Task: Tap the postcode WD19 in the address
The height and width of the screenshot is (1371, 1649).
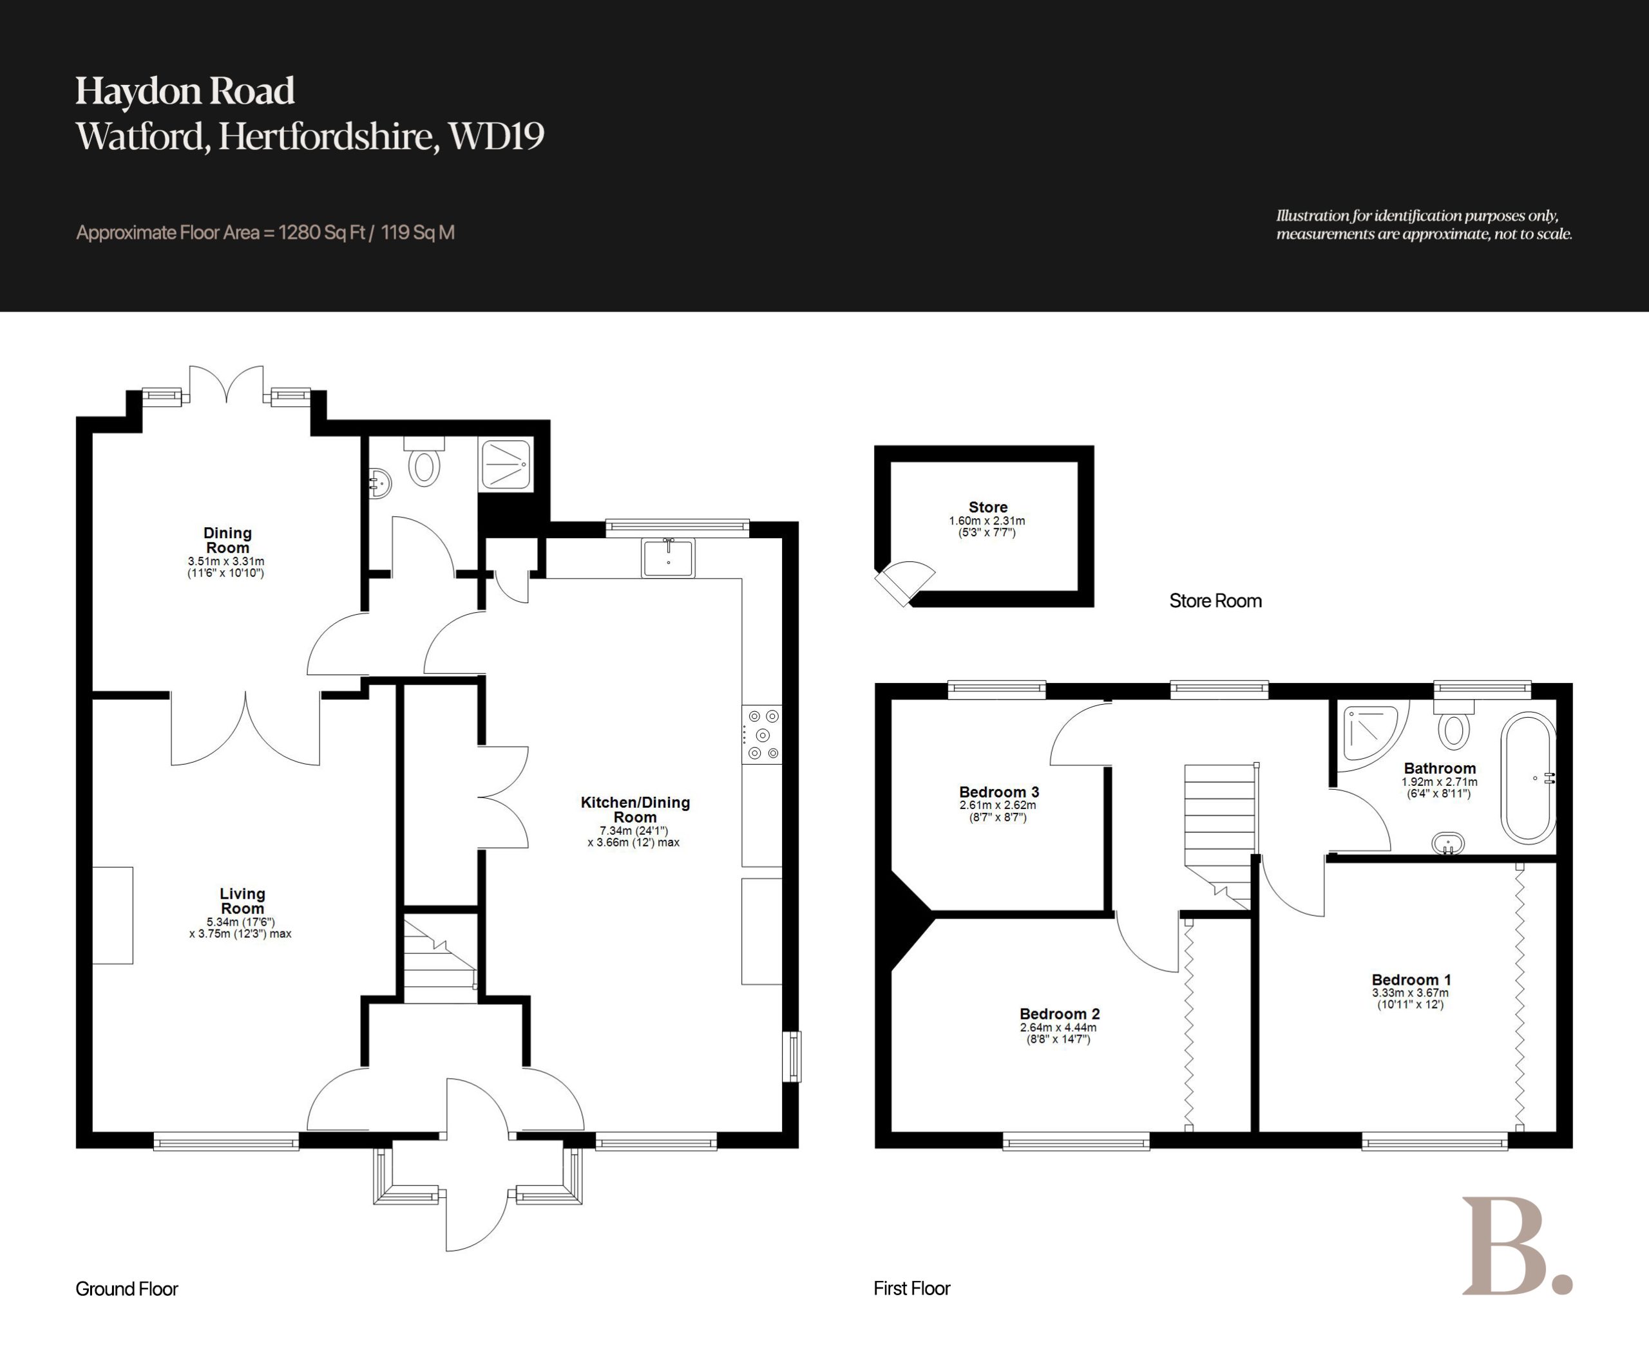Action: tap(496, 136)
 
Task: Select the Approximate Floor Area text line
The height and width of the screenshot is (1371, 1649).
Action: tap(265, 232)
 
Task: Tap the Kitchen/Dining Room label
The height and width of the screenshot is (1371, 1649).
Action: tap(634, 809)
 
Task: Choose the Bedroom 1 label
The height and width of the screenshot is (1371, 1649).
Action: tap(1411, 980)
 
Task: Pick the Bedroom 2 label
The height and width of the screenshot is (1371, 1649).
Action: tap(1058, 1014)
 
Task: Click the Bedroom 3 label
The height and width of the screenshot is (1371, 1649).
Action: tap(999, 792)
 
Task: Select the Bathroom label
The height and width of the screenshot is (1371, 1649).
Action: tap(1440, 769)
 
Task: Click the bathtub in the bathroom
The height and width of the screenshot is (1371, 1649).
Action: tap(1527, 778)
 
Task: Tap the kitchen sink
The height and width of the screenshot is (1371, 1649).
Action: tap(668, 557)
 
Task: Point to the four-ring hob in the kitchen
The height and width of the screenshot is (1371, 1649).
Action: tap(761, 734)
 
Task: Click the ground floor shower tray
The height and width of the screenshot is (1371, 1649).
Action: tap(506, 465)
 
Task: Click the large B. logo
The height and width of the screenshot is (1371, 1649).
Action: tap(1516, 1245)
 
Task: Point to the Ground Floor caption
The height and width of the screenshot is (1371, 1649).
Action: tap(126, 1289)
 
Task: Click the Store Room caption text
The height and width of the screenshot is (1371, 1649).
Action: tap(1215, 601)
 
